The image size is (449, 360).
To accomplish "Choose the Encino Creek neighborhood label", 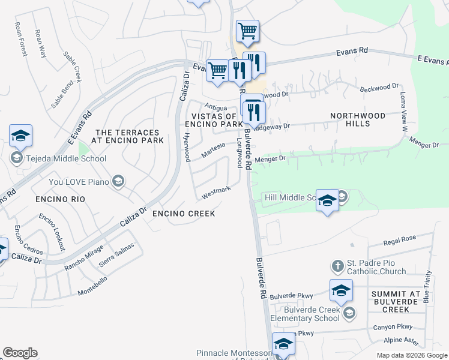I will (183, 214).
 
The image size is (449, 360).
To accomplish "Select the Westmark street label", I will (216, 192).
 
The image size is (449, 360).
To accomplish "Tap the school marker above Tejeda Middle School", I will (20, 136).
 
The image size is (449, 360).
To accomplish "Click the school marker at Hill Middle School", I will (327, 200).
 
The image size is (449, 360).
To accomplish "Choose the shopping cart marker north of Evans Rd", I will (247, 31).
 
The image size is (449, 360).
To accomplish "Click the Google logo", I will (20, 353).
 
